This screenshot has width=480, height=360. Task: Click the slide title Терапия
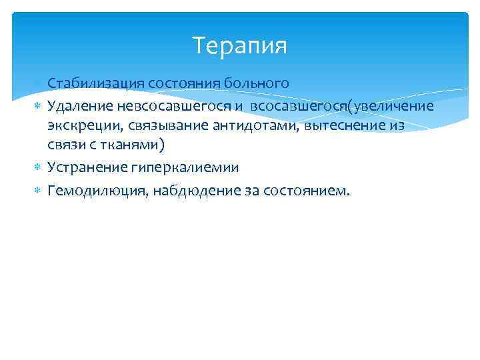point(239,46)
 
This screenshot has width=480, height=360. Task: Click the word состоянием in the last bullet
point(305,191)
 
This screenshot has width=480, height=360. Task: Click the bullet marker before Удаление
point(38,105)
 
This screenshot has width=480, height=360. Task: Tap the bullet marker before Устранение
point(38,167)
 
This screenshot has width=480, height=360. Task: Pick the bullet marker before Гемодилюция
point(38,191)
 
